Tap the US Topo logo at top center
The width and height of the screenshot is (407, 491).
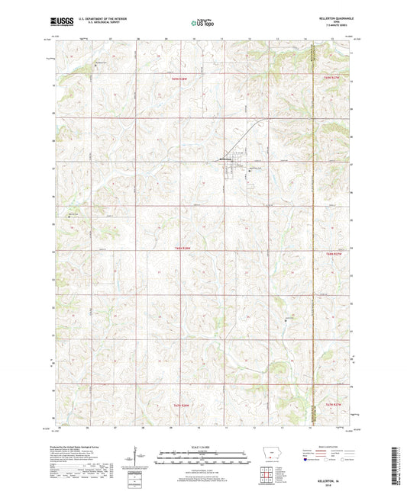tap(202, 24)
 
